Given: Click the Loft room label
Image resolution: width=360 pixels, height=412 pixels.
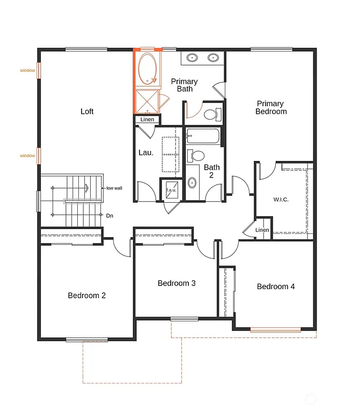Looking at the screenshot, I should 87,112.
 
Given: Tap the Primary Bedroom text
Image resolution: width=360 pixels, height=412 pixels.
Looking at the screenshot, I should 270,107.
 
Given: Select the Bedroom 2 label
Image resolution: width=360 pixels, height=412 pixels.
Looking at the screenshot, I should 86,295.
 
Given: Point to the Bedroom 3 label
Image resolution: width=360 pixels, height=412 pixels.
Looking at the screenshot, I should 177,283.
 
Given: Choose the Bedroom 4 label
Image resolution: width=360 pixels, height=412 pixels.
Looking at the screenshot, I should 276,286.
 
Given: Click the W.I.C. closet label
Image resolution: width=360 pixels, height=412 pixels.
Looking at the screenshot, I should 281,200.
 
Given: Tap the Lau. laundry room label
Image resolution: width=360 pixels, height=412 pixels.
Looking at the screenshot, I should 146,152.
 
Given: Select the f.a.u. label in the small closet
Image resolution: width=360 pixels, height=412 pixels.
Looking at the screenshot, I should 171,190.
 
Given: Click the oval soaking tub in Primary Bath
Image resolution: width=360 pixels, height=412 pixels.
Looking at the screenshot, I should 147,69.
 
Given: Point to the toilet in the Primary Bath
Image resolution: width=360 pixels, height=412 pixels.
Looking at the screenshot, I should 210,114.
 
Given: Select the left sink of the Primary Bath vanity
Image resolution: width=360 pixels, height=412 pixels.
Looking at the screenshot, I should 192,57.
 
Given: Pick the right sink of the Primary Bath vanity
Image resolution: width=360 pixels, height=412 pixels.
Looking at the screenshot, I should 213,57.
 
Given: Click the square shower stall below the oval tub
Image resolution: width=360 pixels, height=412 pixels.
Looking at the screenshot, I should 146,100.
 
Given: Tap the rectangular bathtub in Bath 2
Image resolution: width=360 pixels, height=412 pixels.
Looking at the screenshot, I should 203,136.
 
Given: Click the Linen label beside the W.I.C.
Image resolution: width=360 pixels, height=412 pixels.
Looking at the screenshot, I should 262,230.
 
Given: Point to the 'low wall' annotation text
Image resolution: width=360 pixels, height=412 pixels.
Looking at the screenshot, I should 114,188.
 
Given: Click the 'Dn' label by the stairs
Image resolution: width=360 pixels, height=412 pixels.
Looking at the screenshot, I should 109,216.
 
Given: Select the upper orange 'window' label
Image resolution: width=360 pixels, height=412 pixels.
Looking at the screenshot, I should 27,70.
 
